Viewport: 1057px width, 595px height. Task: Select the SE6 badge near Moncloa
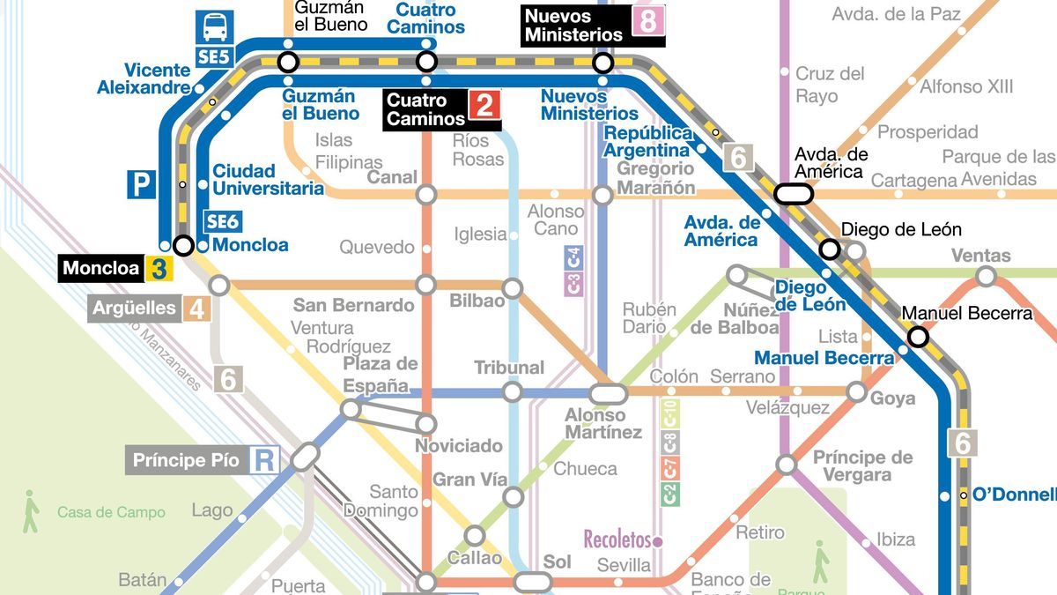pyautogui.click(x=221, y=222)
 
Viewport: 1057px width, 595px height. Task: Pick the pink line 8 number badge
pyautogui.click(x=647, y=21)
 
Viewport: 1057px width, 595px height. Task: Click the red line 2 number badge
pyautogui.click(x=484, y=106)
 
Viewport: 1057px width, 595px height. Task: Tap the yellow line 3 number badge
pyautogui.click(x=159, y=268)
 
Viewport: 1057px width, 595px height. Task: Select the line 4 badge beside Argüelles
pyautogui.click(x=197, y=309)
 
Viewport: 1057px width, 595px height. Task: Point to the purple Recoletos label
pyautogui.click(x=617, y=539)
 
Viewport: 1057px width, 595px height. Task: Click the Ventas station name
pyautogui.click(x=980, y=256)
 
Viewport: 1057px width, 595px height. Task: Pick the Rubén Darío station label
pyautogui.click(x=649, y=317)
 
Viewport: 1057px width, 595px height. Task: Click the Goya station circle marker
pyautogui.click(x=856, y=392)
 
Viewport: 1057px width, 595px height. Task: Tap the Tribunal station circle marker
pyautogui.click(x=512, y=391)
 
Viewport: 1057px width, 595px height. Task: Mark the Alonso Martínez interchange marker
pyautogui.click(x=607, y=393)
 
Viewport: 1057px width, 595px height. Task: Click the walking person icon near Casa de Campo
pyautogui.click(x=31, y=511)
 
